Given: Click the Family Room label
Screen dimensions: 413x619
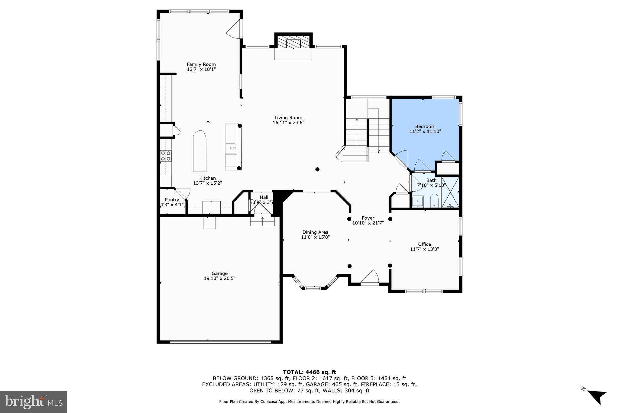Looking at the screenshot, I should [201, 64].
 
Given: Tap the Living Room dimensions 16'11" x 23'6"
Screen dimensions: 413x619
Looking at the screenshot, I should [288, 123].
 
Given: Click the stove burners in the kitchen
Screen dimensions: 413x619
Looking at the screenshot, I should [165, 156].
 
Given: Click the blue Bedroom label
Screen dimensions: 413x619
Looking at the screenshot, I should [425, 126].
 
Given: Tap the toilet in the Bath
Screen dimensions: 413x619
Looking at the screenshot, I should [434, 200].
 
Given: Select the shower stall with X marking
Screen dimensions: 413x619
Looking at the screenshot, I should [450, 192].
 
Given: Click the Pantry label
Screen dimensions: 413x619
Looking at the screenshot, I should [172, 200].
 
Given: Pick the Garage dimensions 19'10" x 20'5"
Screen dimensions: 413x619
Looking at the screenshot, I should [219, 278].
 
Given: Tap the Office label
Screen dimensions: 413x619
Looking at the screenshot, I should [424, 244].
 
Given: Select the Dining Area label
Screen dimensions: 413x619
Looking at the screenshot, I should [315, 232].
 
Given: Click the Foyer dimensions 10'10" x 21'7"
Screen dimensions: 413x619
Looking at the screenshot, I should [368, 223].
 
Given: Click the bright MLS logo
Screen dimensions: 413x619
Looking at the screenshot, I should [34, 402].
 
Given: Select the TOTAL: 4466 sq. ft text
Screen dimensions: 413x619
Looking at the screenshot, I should [309, 372].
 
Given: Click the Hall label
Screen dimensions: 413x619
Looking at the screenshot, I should [264, 197].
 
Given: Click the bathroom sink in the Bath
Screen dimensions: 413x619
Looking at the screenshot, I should [417, 201].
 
